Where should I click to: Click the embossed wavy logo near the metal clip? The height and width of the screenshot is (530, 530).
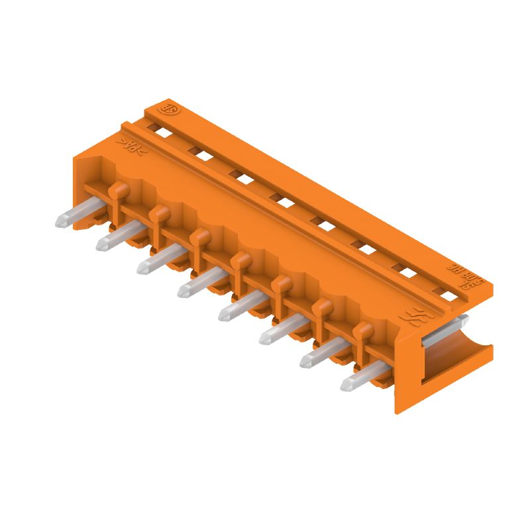pos(415,319)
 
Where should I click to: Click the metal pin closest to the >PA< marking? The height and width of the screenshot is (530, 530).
pos(73,216)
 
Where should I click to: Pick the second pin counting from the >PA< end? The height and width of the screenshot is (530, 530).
pos(114,239)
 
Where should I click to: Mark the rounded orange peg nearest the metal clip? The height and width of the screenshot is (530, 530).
pos(362,329)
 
